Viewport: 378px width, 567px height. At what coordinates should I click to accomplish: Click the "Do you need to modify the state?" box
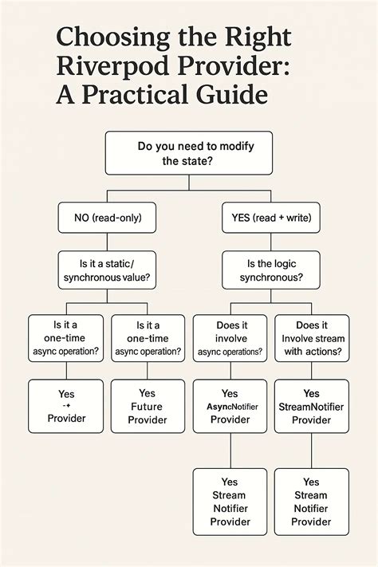189,153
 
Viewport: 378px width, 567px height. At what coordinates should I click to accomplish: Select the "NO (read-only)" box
107,218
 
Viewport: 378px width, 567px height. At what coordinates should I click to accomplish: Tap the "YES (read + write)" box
271,218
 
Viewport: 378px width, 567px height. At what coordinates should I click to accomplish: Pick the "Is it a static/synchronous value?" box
107,270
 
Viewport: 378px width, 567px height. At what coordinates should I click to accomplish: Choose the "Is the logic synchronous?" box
271,270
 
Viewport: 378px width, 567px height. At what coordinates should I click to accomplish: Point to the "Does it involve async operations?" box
230,338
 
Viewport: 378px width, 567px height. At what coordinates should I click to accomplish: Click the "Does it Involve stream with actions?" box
312,338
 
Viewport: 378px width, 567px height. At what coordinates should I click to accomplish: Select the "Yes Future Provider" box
148,406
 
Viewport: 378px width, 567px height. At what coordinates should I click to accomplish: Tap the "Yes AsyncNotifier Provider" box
230,406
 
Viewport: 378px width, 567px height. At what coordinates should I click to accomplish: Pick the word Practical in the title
134,94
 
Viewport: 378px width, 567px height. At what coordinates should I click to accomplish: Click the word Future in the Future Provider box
147,407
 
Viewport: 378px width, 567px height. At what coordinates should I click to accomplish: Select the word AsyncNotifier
232,407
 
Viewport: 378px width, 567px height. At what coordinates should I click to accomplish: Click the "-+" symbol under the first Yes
66,406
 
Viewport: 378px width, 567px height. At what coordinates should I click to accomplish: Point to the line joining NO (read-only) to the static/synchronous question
107,242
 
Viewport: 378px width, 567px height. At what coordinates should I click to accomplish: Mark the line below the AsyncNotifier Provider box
230,451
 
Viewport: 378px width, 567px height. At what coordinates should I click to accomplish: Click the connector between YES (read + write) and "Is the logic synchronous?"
271,242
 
